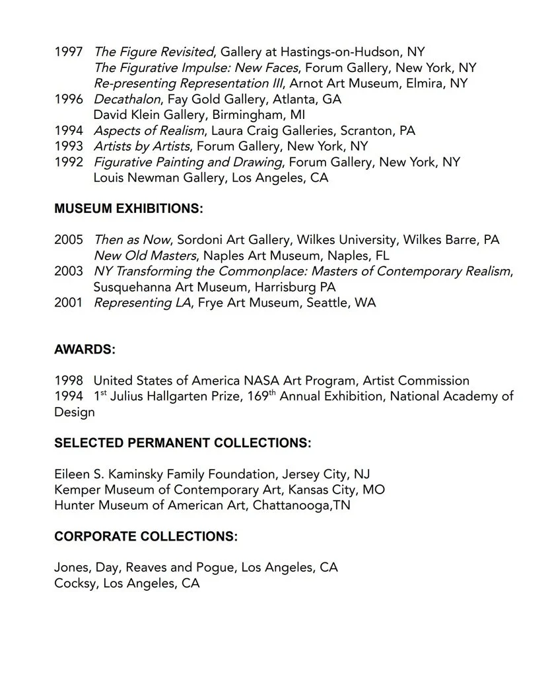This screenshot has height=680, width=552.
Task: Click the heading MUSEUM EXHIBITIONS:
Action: point(128,209)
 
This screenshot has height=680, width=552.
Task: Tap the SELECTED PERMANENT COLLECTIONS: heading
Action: point(182,443)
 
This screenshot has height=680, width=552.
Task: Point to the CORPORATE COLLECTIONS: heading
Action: point(145,537)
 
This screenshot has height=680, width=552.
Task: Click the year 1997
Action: point(68,52)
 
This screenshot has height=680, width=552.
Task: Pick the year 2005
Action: point(68,240)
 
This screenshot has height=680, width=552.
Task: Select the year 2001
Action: point(68,303)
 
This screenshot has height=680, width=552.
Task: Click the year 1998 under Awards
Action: point(68,381)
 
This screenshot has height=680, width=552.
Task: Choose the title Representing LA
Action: point(132,303)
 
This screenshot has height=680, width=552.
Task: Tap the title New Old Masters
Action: point(145,255)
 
